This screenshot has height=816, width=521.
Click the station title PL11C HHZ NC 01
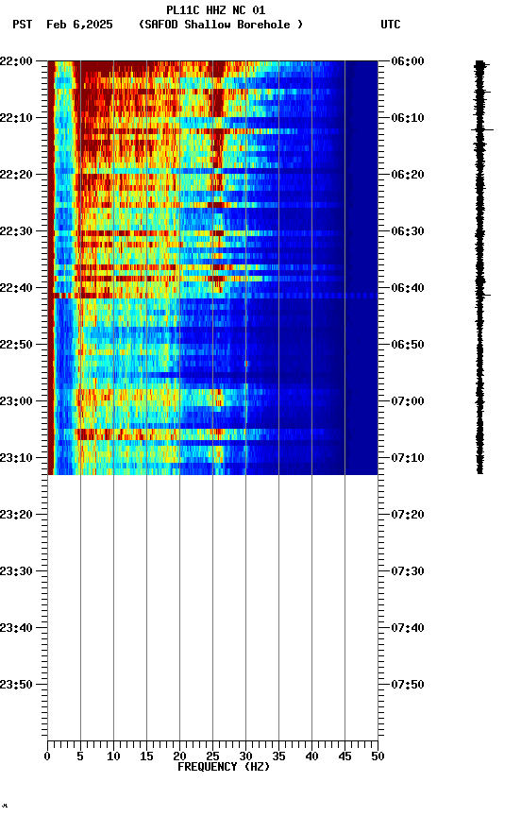pos(215,10)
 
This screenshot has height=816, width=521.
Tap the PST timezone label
pos(23,25)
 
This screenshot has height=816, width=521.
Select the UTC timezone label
pos(390,25)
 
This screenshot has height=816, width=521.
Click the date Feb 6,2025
pos(79,25)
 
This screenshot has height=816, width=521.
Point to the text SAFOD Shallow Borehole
pos(221,25)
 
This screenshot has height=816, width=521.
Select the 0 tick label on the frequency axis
pos(48,756)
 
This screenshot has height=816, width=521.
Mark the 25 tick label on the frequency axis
pos(212,756)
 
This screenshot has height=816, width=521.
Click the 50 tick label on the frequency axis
pos(378,756)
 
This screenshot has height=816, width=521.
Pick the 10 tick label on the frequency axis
pos(113,756)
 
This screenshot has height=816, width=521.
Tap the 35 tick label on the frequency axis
pos(278,756)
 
